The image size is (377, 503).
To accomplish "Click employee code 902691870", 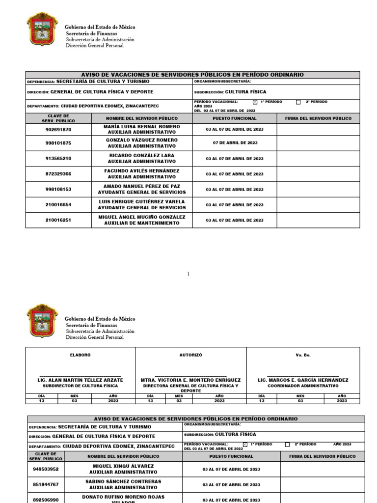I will click(58, 130).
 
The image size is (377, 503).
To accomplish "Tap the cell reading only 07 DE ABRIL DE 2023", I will click(235, 143).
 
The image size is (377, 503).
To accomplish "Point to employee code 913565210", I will click(58, 159).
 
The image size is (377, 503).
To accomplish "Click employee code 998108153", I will click(58, 189).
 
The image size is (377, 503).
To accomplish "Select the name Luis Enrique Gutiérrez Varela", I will click(142, 201).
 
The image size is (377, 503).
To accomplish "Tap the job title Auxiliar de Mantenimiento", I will click(142, 223).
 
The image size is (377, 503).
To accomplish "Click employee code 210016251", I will click(58, 220).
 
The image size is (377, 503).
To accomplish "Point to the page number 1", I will click(188, 274).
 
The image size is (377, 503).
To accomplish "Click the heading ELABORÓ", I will click(80, 355).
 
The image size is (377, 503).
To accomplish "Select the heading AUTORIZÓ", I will click(190, 355).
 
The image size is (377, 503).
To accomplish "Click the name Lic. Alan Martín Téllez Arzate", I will click(80, 380).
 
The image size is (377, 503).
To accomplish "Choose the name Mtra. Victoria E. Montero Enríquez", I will click(190, 380).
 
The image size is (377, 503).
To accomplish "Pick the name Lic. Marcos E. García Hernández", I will click(303, 380).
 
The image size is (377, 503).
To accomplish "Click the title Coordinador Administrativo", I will click(303, 386).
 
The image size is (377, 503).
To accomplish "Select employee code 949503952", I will click(46, 469).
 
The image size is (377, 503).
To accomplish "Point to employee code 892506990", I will click(46, 500).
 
